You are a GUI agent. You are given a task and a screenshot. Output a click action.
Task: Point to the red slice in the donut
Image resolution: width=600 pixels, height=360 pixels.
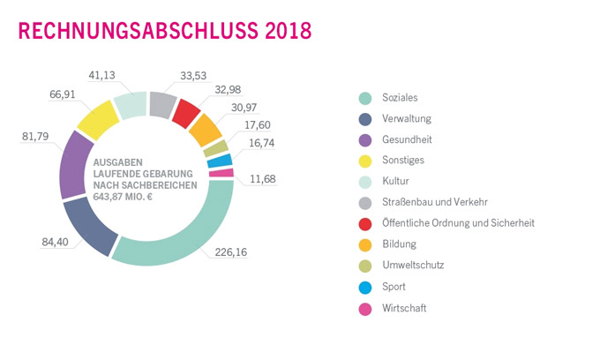point(186,112)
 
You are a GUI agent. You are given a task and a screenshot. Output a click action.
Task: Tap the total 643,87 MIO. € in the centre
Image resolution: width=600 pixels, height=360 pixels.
point(133,199)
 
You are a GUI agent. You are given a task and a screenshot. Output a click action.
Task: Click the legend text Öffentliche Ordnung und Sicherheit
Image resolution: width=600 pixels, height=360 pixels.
point(459,223)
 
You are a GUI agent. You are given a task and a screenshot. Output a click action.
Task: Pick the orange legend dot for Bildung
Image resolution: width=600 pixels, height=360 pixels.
point(363,244)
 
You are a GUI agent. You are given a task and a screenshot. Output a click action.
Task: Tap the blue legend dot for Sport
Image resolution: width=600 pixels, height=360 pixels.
point(363,286)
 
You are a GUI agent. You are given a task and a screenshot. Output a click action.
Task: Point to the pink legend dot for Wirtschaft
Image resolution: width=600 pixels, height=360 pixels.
point(363,307)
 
